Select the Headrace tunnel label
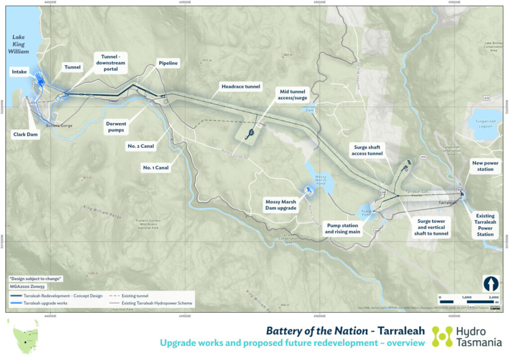241,87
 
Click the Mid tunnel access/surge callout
294,94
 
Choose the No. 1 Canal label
156,168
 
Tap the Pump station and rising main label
343,228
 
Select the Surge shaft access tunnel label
368,150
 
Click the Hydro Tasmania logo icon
441,337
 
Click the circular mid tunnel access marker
251,132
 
